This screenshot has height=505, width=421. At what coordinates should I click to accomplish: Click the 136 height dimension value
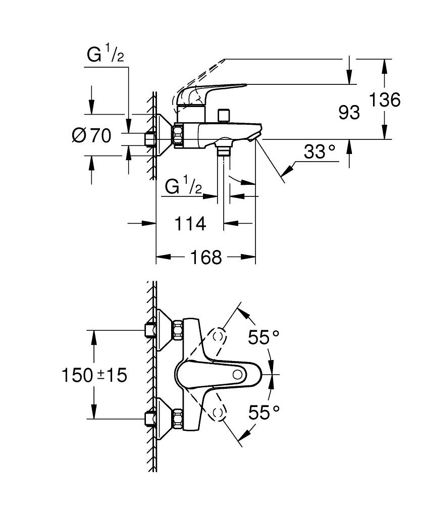[x=385, y=99]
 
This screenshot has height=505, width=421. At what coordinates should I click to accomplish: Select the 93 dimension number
[x=349, y=112]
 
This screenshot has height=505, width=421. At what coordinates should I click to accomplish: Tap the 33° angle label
[x=320, y=151]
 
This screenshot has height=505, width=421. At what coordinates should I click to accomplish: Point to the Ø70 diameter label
[x=91, y=135]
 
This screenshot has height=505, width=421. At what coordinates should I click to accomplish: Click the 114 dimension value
[x=189, y=223]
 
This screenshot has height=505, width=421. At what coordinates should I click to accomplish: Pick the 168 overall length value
[x=206, y=257]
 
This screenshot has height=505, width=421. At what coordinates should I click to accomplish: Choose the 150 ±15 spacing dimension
[x=94, y=375]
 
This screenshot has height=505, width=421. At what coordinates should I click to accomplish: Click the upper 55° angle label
[x=264, y=337]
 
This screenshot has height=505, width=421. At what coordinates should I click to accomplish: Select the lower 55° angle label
[x=264, y=413]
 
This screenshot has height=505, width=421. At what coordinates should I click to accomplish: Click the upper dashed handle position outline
[x=219, y=336]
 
